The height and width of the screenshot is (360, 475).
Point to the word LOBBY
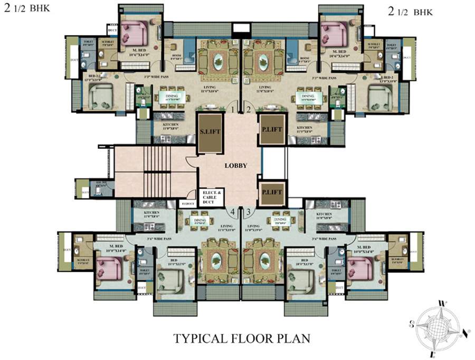click(236, 165)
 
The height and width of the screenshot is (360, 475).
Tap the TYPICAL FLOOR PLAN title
click(242, 338)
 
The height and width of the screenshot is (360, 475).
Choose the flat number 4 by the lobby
click(232, 212)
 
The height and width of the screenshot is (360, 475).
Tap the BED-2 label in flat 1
click(94, 77)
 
